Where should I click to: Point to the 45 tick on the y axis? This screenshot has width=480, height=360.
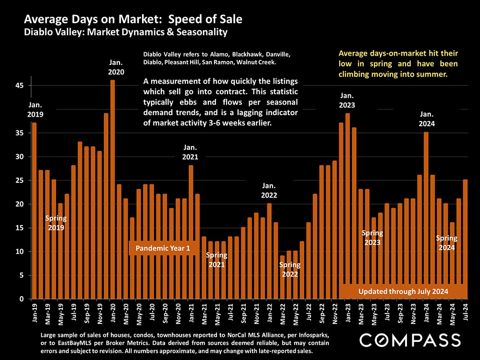pos(21,85)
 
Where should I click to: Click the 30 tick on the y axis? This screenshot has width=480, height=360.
pos(21,156)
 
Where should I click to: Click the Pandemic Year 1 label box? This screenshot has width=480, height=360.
pos(163,248)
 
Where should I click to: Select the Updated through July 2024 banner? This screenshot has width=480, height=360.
pos(403,291)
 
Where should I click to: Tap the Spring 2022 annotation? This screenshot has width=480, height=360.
pos(289,269)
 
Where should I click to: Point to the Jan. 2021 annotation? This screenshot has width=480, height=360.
pos(191,152)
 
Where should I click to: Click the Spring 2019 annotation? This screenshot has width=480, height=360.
pos(56,223)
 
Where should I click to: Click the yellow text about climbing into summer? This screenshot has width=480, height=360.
pos(398,63)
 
